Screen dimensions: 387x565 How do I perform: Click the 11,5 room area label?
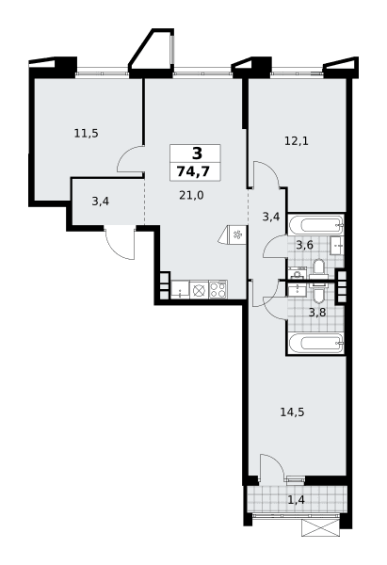[x=86, y=134]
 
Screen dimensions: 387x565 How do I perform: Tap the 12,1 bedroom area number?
[x=297, y=141]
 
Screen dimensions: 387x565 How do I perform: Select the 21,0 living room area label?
[x=191, y=195]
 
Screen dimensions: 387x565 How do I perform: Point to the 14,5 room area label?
[x=292, y=412]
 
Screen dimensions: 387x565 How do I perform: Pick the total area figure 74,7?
[x=193, y=171]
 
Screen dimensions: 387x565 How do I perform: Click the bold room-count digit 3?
[x=198, y=153]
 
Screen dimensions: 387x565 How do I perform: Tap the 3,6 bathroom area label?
[x=304, y=245]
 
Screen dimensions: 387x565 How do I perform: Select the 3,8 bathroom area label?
[x=317, y=312]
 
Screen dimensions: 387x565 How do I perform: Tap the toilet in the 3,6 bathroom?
[x=319, y=268]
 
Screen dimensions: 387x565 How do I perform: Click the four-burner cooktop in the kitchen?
[x=218, y=289]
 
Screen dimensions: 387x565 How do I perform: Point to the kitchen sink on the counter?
[x=180, y=289]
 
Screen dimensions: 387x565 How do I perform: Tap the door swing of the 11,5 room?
[x=131, y=159]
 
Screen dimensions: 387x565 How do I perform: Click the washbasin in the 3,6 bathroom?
[x=338, y=246]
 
